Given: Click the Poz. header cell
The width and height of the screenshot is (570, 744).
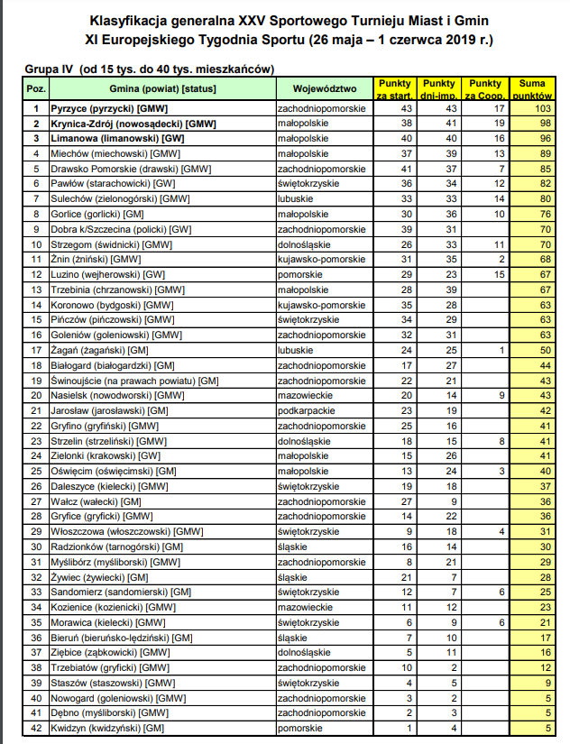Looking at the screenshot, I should (x=37, y=88).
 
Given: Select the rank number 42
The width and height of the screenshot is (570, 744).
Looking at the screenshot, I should (x=37, y=729).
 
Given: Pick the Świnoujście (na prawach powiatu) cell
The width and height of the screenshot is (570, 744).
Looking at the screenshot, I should (x=134, y=381).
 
